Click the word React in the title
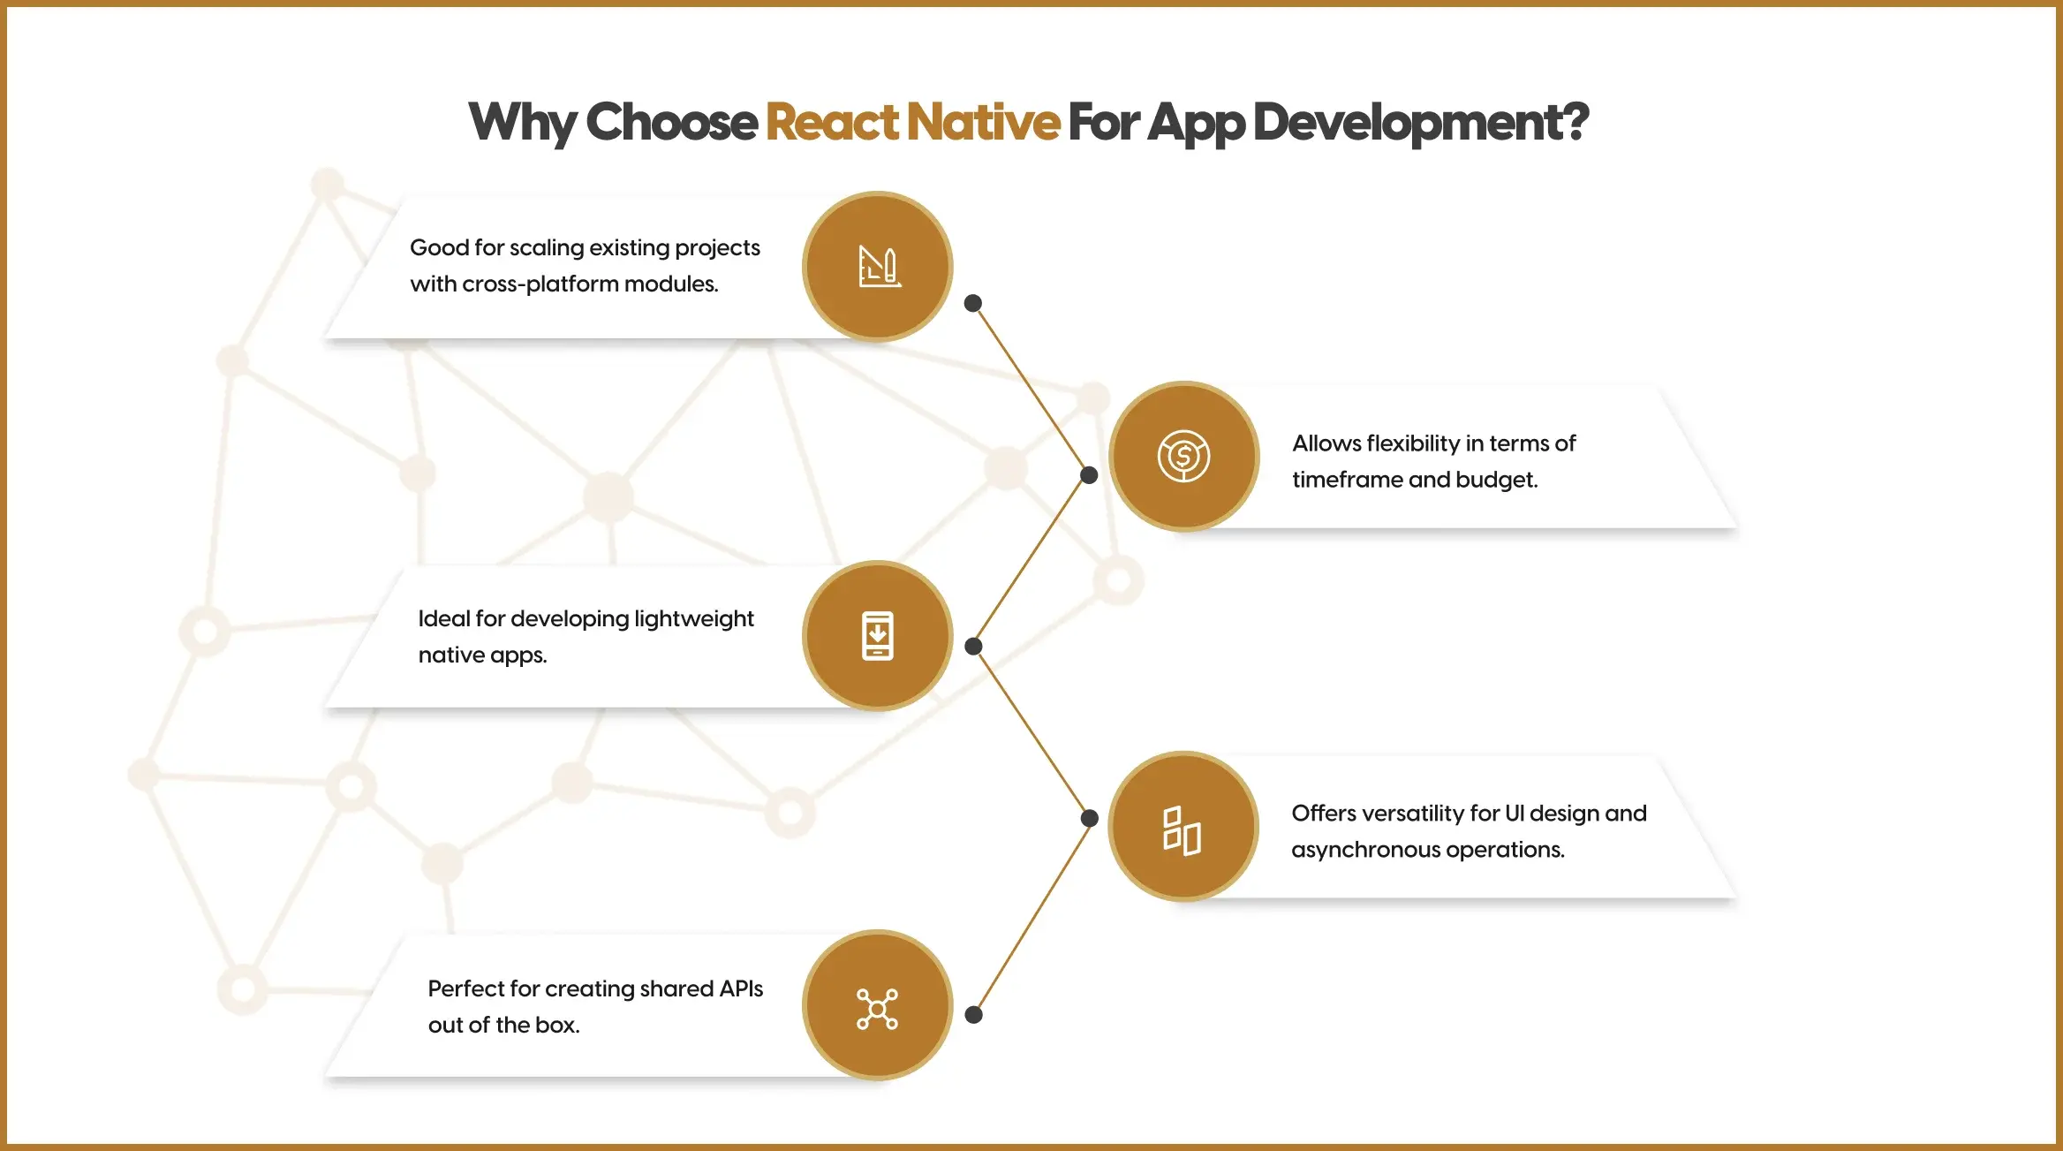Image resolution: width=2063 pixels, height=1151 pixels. point(832,122)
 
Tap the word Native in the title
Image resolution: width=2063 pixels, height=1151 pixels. point(983,122)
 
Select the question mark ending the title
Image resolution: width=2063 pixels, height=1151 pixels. point(1573,122)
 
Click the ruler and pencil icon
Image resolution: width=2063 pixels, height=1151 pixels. point(879,267)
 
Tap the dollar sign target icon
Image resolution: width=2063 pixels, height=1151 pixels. point(1183,456)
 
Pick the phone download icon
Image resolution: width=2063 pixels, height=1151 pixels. point(878,636)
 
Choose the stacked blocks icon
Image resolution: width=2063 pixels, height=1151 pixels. point(1182,830)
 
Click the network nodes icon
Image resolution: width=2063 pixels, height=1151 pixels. point(877,1008)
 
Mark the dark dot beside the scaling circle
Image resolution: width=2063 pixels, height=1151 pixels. point(973,303)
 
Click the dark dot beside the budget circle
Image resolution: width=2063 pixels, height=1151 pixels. point(1089,475)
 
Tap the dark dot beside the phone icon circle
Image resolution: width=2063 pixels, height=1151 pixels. point(973,647)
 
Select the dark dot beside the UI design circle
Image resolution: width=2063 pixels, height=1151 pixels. point(1089,818)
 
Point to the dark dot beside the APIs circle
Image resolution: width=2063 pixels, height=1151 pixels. point(973,1015)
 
